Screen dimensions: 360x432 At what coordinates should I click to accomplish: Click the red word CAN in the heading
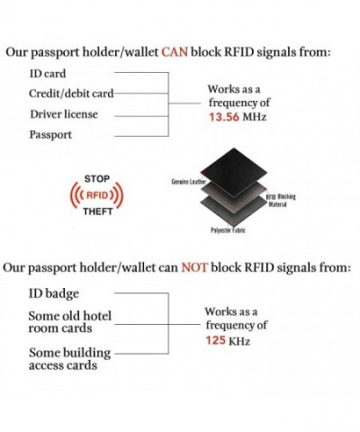click(175, 52)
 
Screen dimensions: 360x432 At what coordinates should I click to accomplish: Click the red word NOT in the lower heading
click(194, 267)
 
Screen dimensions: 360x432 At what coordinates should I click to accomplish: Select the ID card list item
click(48, 74)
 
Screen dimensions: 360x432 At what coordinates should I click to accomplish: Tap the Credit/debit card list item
click(71, 94)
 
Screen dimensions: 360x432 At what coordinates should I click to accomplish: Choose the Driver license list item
click(64, 114)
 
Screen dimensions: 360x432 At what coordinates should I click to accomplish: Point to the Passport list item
click(50, 135)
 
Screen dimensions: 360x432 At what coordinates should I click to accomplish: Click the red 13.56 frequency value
click(224, 117)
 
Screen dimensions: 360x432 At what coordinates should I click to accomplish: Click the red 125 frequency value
click(216, 340)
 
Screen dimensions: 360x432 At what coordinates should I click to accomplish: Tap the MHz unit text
click(254, 117)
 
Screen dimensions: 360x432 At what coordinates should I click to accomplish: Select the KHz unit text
click(239, 341)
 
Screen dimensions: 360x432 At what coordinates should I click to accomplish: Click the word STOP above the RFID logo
click(97, 179)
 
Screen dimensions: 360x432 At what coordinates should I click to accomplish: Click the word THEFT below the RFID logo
click(98, 211)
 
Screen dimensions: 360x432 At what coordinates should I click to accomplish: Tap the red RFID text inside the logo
click(97, 195)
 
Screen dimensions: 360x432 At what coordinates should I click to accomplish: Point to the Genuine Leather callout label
click(188, 182)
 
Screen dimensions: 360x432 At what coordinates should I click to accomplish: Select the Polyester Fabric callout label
click(228, 230)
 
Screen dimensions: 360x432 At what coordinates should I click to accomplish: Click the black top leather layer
click(233, 172)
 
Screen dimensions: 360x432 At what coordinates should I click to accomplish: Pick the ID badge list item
click(54, 293)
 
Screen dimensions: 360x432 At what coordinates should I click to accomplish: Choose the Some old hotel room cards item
click(70, 322)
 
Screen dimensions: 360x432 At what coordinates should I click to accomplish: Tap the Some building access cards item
click(69, 359)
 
